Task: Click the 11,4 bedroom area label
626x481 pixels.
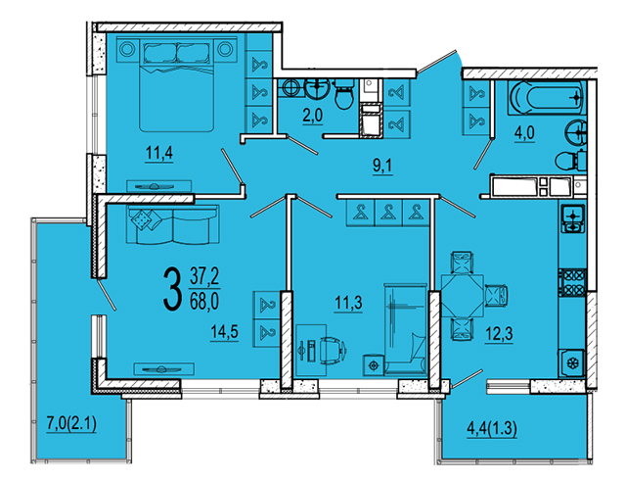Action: tap(159, 153)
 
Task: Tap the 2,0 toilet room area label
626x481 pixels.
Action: tap(313, 117)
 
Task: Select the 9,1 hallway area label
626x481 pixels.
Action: tap(382, 167)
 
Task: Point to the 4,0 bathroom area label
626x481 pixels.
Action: tap(524, 133)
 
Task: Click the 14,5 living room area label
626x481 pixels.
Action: tap(224, 332)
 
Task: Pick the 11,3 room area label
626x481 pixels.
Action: tap(348, 303)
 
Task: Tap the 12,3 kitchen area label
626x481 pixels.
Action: tap(499, 333)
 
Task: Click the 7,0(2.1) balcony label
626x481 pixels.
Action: tap(71, 424)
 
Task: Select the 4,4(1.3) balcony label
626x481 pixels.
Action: tap(492, 429)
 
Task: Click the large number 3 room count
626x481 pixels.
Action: tap(172, 289)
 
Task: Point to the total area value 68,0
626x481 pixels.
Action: tap(204, 302)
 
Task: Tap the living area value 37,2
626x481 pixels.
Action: tap(204, 276)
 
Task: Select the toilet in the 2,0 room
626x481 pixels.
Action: tap(343, 94)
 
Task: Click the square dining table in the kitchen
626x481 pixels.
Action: tap(463, 295)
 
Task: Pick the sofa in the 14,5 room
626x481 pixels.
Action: tap(173, 224)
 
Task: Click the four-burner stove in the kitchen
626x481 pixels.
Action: tap(572, 282)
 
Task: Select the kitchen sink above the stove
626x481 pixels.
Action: tap(573, 218)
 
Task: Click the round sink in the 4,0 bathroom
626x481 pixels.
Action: tap(576, 131)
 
